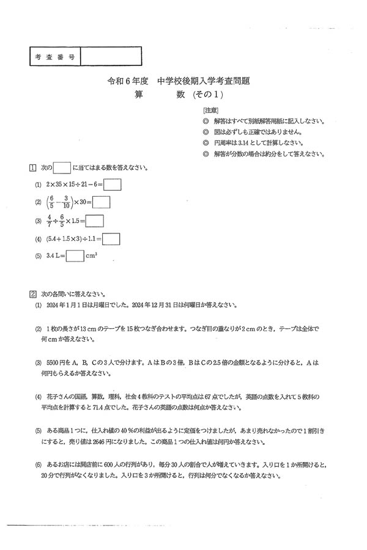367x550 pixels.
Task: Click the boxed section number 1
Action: pos(32,168)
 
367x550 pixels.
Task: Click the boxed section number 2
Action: pos(32,293)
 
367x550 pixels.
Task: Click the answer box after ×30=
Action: pos(102,202)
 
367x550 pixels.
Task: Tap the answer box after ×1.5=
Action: pos(94,221)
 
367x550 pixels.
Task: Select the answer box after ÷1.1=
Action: pos(111,239)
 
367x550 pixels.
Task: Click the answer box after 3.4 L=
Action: pos(75,257)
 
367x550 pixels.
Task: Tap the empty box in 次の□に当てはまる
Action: pos(62,168)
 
